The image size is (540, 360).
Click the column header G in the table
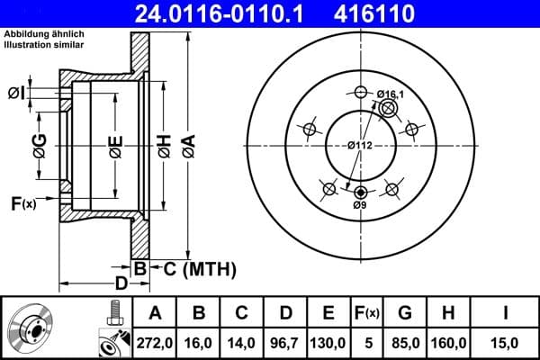[x=405, y=313]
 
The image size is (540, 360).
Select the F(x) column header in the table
[x=367, y=313]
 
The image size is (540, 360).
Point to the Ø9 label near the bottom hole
[x=360, y=206]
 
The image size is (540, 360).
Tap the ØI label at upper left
[x=15, y=93]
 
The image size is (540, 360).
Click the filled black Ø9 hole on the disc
[x=361, y=192]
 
